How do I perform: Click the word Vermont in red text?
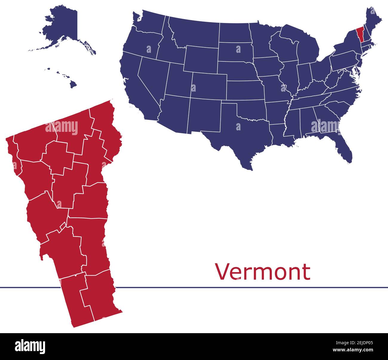(263, 272)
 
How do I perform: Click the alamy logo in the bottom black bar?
(30, 347)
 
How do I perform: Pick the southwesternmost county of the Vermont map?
(78, 301)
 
